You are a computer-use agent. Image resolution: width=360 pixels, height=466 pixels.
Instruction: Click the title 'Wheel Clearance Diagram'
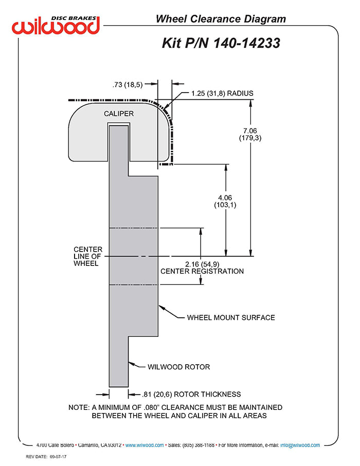[x=221, y=20]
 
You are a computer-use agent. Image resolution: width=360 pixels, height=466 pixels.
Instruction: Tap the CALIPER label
[x=119, y=113]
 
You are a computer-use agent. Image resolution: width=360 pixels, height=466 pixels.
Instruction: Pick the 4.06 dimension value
[x=225, y=198]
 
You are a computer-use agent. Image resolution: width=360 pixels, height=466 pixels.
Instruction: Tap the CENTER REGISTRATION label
[x=202, y=271]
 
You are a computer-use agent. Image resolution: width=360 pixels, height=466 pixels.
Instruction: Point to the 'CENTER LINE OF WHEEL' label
[x=88, y=256]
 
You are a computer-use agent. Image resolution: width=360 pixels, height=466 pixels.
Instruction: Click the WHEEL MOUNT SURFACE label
[x=230, y=317]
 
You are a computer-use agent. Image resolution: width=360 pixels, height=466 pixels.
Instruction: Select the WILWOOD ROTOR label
[x=178, y=367]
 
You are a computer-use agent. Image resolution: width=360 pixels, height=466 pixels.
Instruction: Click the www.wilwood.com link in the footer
[x=145, y=445]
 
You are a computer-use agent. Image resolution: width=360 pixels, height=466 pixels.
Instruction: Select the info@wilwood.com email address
[x=300, y=445]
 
